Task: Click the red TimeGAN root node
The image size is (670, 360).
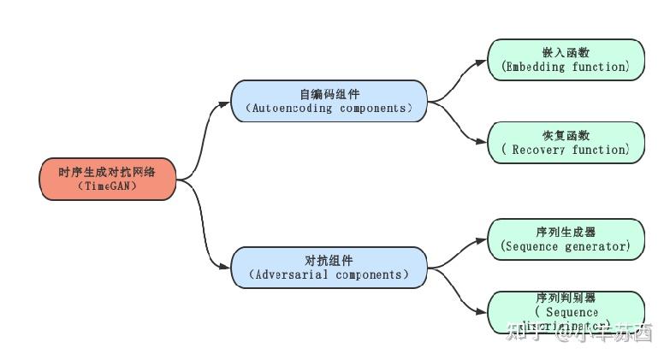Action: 108,179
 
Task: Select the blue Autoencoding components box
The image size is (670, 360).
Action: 329,101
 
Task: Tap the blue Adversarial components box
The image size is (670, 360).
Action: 329,267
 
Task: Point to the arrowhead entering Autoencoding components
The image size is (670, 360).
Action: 226,101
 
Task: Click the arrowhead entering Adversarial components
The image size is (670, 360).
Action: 226,267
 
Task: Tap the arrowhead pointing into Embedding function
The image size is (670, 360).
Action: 482,62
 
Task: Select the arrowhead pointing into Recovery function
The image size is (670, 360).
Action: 482,142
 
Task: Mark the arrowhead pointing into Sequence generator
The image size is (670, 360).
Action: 482,240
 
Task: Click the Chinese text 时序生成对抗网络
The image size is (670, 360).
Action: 107,172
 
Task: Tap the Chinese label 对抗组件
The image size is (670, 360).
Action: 329,260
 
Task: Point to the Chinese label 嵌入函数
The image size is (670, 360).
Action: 566,52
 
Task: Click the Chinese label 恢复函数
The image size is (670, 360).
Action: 566,135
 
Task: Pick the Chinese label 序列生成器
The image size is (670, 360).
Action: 566,232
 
